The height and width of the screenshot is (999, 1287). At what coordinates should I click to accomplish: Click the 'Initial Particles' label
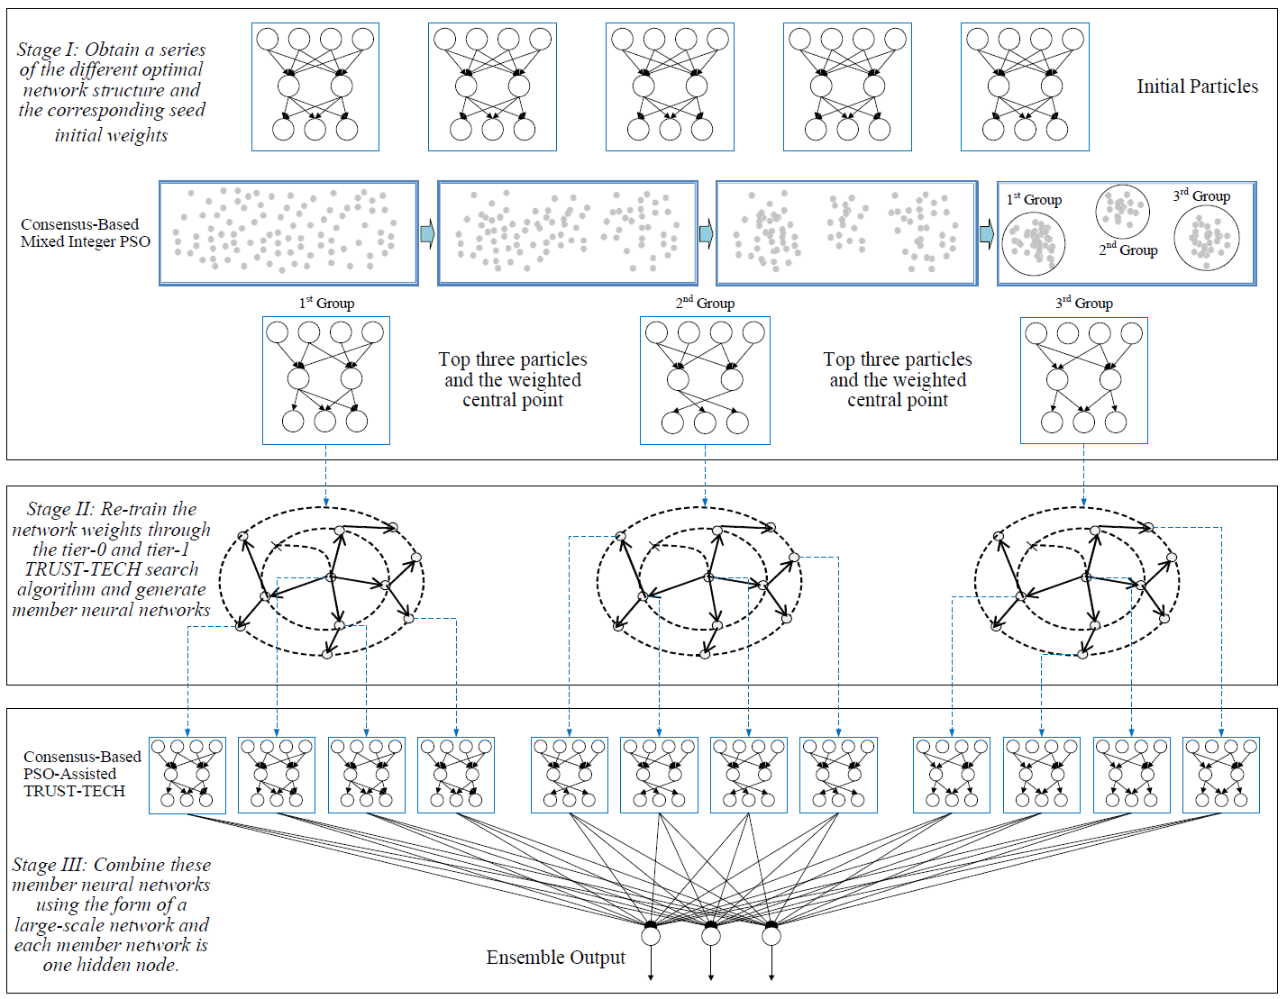(1197, 86)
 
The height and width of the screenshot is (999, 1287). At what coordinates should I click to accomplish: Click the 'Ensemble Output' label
(555, 958)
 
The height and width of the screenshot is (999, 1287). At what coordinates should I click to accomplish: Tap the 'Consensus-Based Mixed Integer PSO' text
(86, 232)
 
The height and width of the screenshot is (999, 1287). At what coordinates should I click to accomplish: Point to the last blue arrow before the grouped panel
(987, 234)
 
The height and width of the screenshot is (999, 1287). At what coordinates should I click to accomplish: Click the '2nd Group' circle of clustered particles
(1122, 211)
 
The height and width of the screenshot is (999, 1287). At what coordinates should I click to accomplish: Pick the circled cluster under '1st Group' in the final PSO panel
(1034, 243)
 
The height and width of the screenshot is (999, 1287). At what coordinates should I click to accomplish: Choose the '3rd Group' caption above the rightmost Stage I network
(1084, 304)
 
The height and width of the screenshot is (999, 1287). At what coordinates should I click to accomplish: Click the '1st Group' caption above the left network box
(326, 304)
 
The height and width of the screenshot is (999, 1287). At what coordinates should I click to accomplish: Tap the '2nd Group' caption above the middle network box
(705, 304)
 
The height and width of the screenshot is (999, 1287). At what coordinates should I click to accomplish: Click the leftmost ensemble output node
(651, 936)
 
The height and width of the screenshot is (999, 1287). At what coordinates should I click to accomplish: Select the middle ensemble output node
(711, 936)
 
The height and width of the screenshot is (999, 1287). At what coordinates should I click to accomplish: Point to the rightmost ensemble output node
(771, 936)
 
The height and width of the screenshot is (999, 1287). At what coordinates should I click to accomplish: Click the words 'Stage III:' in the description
(50, 866)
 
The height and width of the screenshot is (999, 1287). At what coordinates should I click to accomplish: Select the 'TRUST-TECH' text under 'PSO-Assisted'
(75, 791)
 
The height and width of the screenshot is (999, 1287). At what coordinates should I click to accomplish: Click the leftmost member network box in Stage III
(187, 775)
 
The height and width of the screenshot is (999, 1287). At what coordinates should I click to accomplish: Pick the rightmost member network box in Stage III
(1221, 775)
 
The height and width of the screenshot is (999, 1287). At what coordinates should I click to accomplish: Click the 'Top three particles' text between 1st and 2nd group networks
(513, 359)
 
